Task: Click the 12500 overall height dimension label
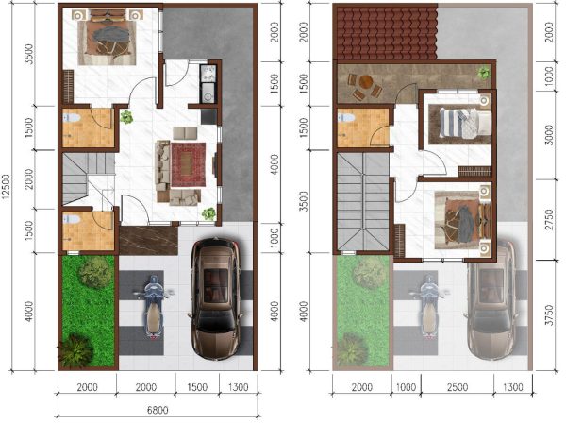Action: [7, 192]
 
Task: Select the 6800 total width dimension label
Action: [158, 410]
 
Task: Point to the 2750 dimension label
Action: [549, 219]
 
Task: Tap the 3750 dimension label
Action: [549, 314]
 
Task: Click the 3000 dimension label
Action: [549, 135]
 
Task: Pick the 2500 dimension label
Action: [458, 387]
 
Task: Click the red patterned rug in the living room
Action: [189, 164]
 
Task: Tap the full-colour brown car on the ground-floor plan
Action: [215, 298]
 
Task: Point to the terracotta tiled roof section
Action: [386, 33]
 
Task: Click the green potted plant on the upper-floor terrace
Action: [483, 74]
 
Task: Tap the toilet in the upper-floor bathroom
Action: [344, 117]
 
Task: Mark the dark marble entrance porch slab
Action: [148, 241]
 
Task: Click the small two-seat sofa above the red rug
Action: [185, 133]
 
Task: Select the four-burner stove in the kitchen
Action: [208, 74]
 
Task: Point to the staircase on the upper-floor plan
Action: [363, 202]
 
